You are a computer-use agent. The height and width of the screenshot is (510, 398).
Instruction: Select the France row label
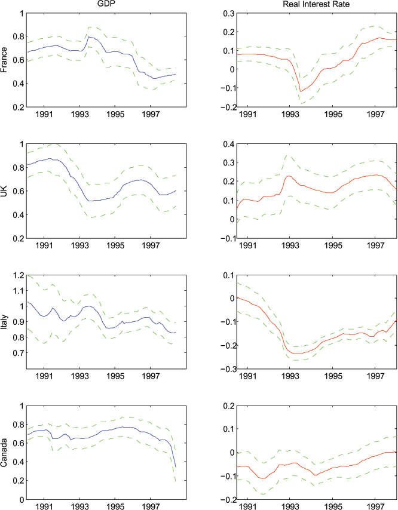pyautogui.click(x=6, y=60)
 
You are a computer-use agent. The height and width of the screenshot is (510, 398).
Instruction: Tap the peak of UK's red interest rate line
pyautogui.click(x=289, y=176)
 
